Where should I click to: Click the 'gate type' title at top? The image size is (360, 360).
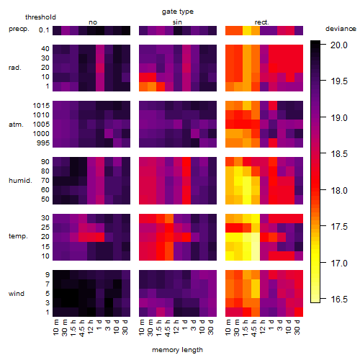pos(178,12)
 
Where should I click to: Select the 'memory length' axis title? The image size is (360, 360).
pos(177,350)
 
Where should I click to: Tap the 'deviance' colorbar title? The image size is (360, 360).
pos(341,29)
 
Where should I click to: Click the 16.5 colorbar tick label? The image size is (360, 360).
pos(339,300)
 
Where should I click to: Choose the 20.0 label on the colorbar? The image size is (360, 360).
pos(339,45)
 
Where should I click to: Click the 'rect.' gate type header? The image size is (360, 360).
pos(262,22)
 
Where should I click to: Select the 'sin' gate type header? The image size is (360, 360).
pos(177,22)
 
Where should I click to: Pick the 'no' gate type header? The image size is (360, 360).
pos(93,22)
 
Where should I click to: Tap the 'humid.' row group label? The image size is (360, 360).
pos(20,181)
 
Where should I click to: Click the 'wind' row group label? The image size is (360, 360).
pos(17,294)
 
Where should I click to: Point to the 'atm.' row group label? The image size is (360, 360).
pos(16,125)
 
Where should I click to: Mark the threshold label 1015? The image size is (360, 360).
pos(41,106)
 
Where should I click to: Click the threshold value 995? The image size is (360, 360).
pos(43,143)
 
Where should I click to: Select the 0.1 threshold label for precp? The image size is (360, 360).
pos(44,30)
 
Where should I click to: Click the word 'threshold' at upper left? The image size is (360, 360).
pos(40,17)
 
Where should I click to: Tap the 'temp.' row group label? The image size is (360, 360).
pos(18,236)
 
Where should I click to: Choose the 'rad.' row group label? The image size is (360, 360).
pos(15,68)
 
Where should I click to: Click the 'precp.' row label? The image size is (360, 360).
pos(19,29)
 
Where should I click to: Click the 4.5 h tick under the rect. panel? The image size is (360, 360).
pos(254,328)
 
